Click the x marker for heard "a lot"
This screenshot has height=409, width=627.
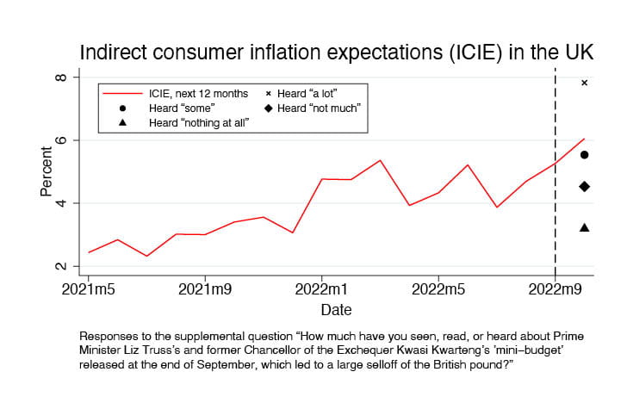pos(584,83)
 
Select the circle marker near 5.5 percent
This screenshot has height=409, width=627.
pos(584,155)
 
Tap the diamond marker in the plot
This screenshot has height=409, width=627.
pos(584,187)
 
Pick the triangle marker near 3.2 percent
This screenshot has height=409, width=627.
pos(584,227)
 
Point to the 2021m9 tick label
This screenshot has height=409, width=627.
pos(204,287)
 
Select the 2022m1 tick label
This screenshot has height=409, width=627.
pos(321,287)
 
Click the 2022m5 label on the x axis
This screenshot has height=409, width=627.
pos(438,287)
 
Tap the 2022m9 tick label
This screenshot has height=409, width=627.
pos(555,287)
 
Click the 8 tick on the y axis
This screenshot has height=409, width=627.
pos(61,77)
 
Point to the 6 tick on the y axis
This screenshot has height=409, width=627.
pos(61,140)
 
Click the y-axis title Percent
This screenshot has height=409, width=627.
pos(47,172)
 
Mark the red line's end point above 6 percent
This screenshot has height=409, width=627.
pos(585,139)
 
